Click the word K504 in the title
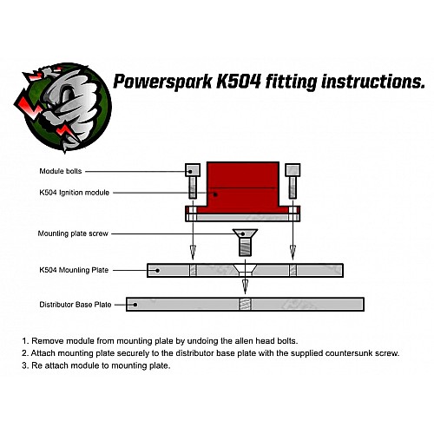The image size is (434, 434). [239, 82]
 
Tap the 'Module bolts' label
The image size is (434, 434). [61, 171]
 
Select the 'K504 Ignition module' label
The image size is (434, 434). [75, 193]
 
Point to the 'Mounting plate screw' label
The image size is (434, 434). [73, 233]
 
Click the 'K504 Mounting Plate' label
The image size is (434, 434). [74, 270]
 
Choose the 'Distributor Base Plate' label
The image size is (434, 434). [76, 305]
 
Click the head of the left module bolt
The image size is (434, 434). [193, 170]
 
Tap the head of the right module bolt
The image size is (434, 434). [293, 170]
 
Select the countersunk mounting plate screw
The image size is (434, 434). [245, 242]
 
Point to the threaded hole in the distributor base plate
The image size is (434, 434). [246, 305]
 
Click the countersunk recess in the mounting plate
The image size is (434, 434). [245, 268]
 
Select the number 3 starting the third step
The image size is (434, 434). [25, 365]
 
